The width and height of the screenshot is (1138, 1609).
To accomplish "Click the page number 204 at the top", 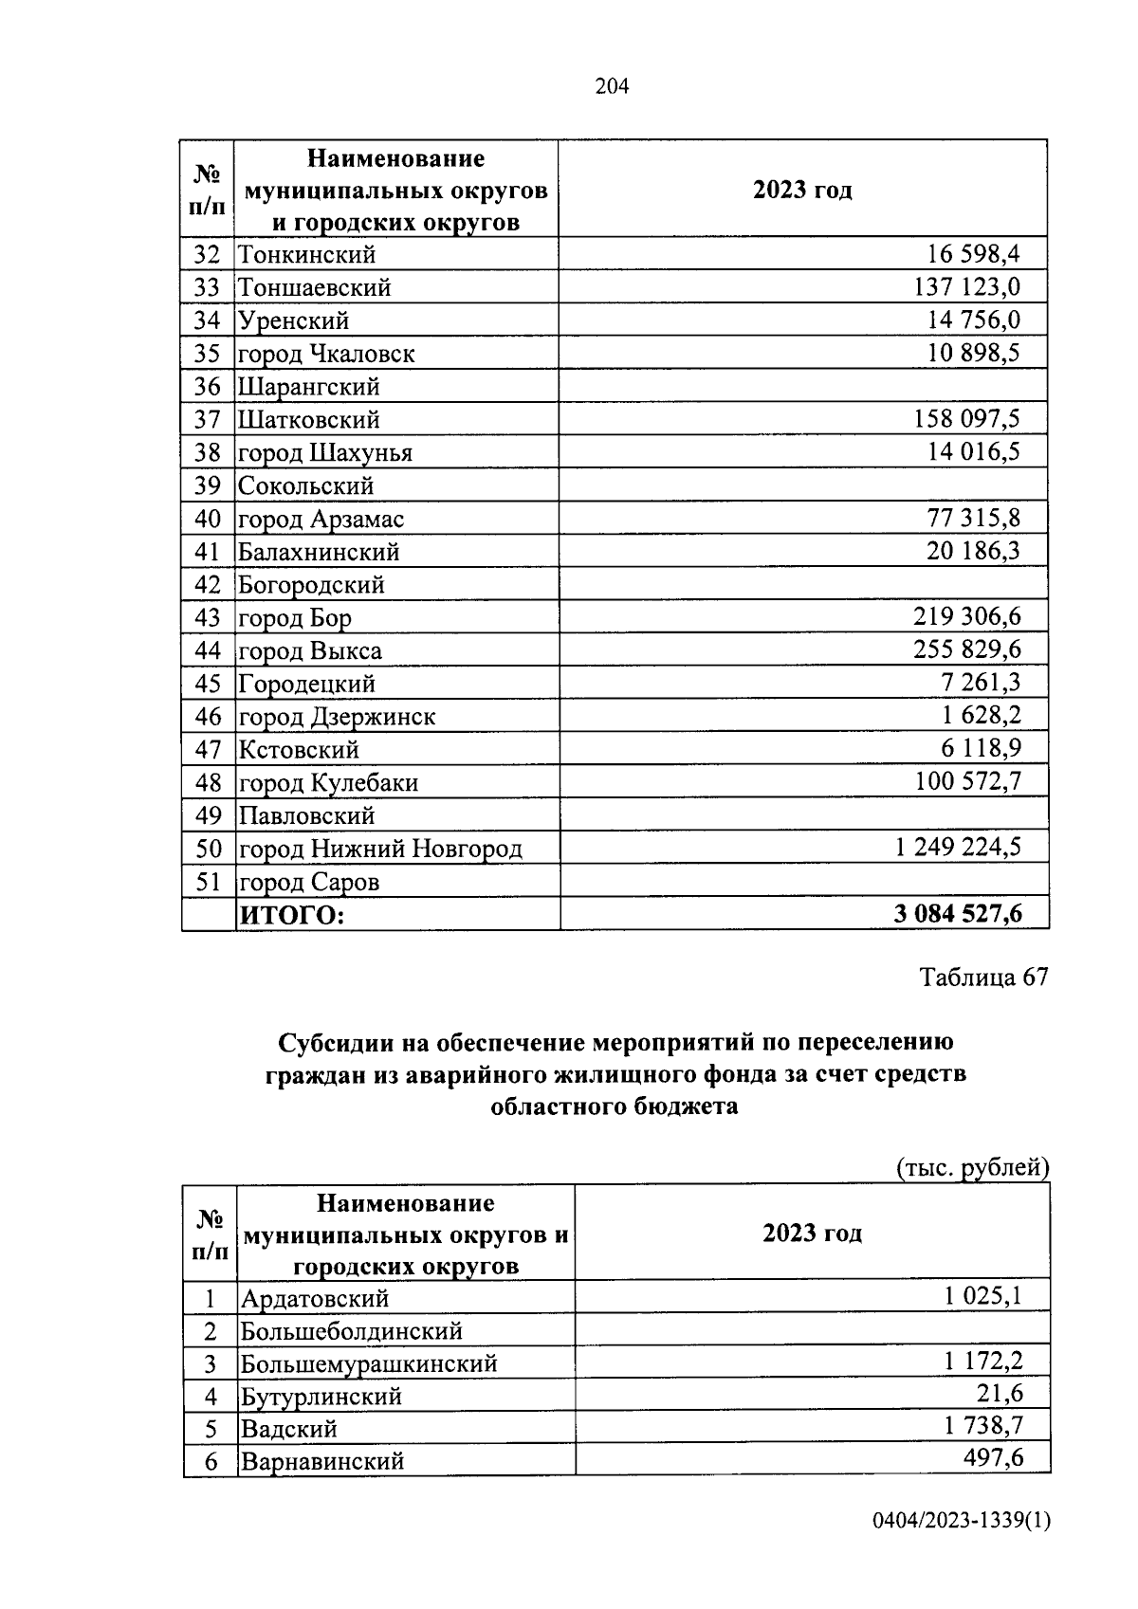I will point(612,87).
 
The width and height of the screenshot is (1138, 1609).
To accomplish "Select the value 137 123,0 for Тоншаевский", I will point(966,286).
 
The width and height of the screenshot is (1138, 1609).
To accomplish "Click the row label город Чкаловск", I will point(326,354).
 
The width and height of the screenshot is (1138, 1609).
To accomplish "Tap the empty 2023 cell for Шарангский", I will point(803,386).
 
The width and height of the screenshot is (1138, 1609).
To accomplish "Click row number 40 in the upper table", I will point(207,519).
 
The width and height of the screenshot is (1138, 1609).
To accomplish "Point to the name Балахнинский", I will point(319,552).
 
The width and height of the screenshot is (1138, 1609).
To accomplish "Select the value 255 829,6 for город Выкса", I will point(966,649).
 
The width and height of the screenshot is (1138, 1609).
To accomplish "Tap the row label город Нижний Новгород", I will point(379,849).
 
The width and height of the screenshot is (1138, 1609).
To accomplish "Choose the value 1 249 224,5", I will point(957,847).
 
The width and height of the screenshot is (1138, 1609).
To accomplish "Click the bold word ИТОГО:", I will point(290,915).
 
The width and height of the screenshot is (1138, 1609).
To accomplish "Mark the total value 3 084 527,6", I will point(957,914).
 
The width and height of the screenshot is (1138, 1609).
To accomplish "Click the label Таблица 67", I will point(983,978).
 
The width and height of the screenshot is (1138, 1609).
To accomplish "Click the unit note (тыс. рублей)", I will point(972,1167).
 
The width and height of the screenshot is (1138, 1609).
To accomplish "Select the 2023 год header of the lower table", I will point(812,1233).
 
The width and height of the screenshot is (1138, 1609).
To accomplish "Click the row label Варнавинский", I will point(322,1461).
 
